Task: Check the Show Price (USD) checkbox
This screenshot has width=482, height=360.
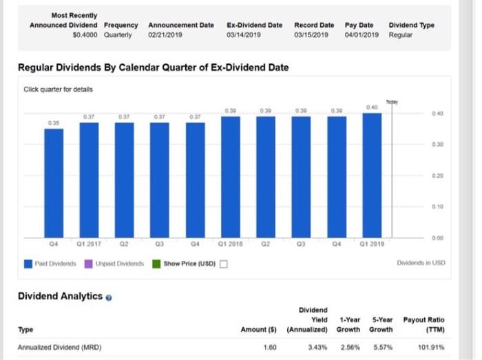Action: [x=224, y=263]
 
